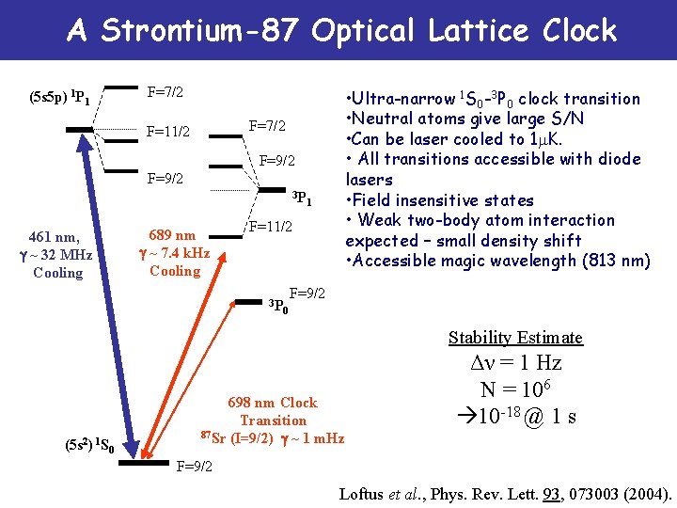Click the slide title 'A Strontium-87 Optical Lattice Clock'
point(341,31)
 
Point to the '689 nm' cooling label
point(174,235)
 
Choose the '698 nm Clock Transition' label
point(273,411)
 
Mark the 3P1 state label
point(301,198)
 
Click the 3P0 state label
point(276,306)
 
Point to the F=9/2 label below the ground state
point(195,466)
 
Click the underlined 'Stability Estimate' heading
point(515,338)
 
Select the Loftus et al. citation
point(506,492)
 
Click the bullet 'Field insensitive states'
point(440,200)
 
